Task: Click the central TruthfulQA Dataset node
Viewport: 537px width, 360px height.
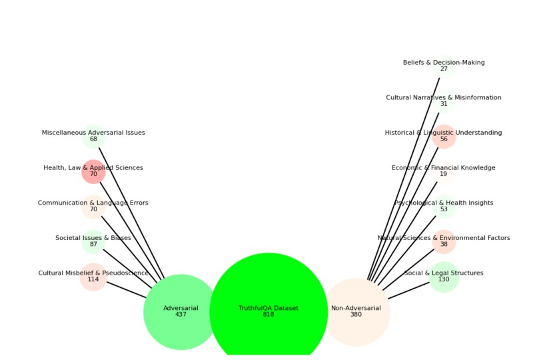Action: point(268,311)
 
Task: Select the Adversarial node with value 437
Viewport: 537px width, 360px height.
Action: point(181,311)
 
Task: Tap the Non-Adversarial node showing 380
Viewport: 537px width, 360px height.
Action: point(356,311)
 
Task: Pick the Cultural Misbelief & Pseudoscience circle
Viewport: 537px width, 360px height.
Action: point(93,277)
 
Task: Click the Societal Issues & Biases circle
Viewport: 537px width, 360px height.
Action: point(93,241)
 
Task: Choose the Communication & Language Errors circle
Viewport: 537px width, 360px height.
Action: point(93,207)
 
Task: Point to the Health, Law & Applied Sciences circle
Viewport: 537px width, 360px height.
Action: point(93,171)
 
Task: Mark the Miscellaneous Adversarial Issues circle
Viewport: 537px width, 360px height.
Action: point(93,136)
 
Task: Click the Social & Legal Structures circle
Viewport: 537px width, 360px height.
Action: point(444,277)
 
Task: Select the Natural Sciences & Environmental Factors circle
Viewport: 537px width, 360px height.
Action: point(444,241)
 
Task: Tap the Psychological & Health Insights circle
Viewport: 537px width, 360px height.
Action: point(444,207)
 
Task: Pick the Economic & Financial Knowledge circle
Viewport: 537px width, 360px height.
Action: point(444,171)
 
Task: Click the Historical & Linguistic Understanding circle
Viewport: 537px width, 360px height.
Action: point(444,136)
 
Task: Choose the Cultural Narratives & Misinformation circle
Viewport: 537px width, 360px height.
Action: point(444,101)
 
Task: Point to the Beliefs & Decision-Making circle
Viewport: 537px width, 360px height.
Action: point(444,66)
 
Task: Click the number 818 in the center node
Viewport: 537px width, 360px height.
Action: point(268,315)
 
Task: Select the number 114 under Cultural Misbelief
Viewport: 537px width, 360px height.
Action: point(93,279)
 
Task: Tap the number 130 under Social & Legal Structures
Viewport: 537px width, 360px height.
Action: point(444,279)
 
